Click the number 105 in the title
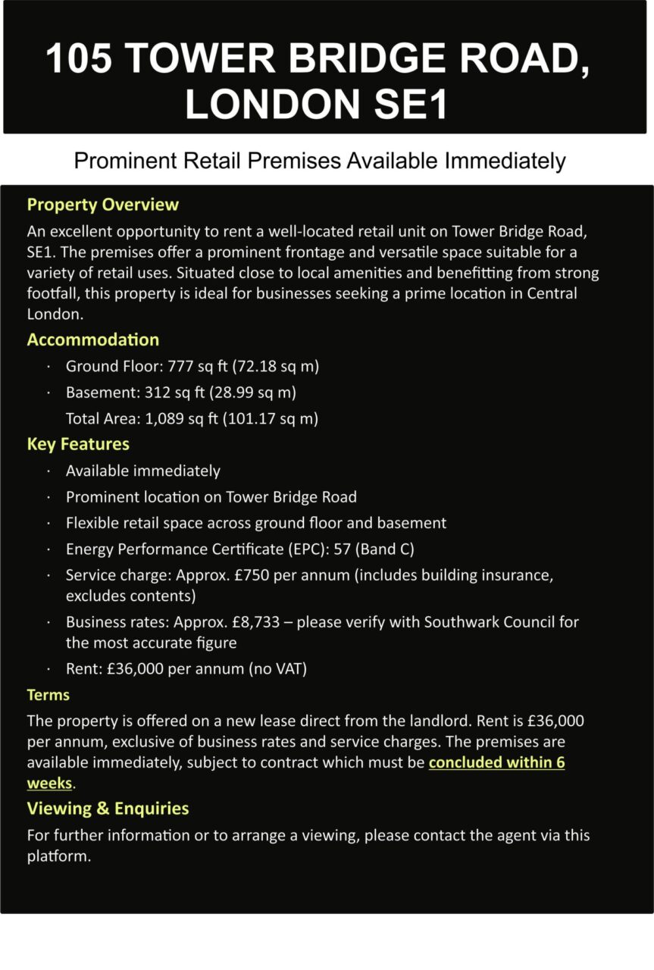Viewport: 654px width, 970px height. [77, 58]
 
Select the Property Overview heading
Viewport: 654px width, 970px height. [103, 205]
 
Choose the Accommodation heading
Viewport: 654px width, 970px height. [93, 339]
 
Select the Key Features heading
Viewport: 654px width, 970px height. [78, 444]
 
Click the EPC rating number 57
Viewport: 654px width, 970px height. [343, 549]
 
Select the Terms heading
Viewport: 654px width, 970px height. [49, 695]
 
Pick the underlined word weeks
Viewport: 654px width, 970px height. [49, 783]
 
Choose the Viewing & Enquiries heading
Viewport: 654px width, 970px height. [108, 809]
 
